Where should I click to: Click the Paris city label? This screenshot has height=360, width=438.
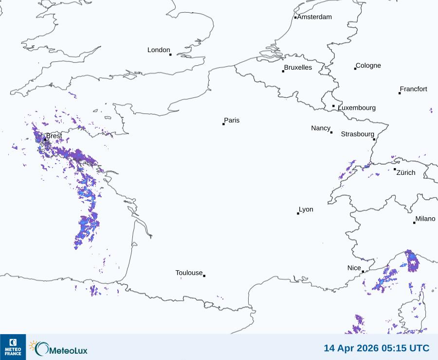click(x=232, y=120)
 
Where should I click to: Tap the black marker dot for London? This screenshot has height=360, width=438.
click(x=170, y=55)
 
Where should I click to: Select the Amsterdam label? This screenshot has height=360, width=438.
click(x=314, y=17)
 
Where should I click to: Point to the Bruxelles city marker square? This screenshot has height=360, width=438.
click(x=283, y=72)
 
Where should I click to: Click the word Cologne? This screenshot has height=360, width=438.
click(x=368, y=66)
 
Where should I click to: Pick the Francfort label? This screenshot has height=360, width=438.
click(x=414, y=89)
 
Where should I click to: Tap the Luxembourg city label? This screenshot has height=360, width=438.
click(x=357, y=108)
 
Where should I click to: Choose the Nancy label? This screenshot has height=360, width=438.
click(x=321, y=128)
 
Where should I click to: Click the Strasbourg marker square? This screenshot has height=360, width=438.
click(x=374, y=139)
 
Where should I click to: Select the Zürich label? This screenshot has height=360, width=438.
click(x=406, y=172)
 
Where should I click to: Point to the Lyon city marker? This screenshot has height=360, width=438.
click(x=298, y=213)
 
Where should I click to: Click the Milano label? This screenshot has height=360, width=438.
click(x=425, y=219)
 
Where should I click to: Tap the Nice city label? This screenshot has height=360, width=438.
click(x=354, y=268)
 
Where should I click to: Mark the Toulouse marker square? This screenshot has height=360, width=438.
click(x=204, y=276)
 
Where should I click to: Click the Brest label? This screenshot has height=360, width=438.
click(x=54, y=136)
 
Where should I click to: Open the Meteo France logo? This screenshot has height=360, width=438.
click(x=13, y=347)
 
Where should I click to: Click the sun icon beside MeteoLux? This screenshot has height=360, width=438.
click(x=34, y=346)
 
